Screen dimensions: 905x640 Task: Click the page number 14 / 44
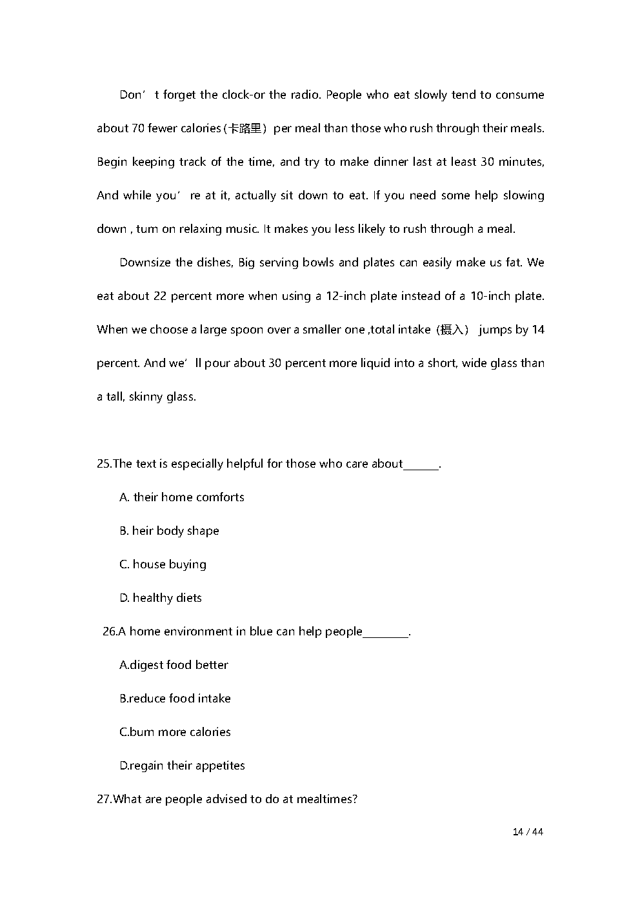[x=528, y=832]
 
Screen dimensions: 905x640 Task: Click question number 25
[x=104, y=464]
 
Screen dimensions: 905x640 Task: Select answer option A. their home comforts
[x=182, y=497]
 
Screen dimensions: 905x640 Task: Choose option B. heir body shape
[x=169, y=531]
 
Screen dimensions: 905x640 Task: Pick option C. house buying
[x=163, y=564]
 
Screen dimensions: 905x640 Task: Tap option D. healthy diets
[x=161, y=598]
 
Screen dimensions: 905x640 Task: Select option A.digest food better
[x=174, y=665]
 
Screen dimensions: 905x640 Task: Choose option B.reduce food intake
[x=175, y=699]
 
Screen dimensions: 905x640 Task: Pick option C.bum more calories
[x=175, y=732]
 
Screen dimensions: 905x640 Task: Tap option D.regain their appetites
[x=182, y=766]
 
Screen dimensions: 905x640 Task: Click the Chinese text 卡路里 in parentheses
[x=245, y=128]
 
